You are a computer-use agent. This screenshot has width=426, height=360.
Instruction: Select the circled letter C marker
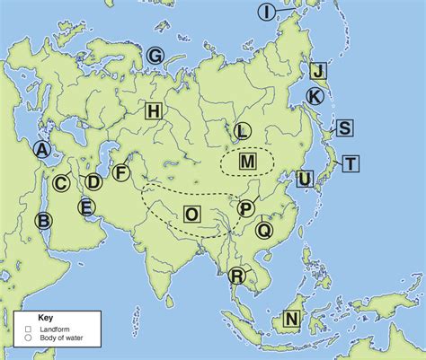pyautogui.click(x=61, y=183)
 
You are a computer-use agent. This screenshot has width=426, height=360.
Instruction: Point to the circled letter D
pyautogui.click(x=93, y=182)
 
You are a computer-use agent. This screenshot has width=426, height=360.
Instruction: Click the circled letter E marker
pyautogui.click(x=86, y=208)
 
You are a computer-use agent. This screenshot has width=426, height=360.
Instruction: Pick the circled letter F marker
pyautogui.click(x=121, y=173)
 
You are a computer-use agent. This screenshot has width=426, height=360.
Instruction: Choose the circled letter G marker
pyautogui.click(x=155, y=57)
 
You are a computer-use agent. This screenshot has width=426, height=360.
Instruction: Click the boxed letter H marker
pyautogui.click(x=154, y=110)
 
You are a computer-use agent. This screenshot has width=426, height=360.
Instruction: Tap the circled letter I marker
pyautogui.click(x=267, y=12)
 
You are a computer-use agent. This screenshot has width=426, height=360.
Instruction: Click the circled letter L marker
pyautogui.click(x=240, y=132)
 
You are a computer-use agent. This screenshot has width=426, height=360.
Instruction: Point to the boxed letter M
pyautogui.click(x=248, y=162)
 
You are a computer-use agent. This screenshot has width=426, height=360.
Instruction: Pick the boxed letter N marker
pyautogui.click(x=291, y=319)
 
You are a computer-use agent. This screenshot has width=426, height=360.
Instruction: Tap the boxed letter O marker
pyautogui.click(x=192, y=214)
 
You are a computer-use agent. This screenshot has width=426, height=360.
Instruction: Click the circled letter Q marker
pyautogui.click(x=263, y=230)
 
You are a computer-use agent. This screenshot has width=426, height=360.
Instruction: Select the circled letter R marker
pyautogui.click(x=236, y=276)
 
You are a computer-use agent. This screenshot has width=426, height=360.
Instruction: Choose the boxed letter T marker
pyautogui.click(x=351, y=162)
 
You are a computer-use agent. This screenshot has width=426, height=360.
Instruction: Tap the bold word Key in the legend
pyautogui.click(x=46, y=318)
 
